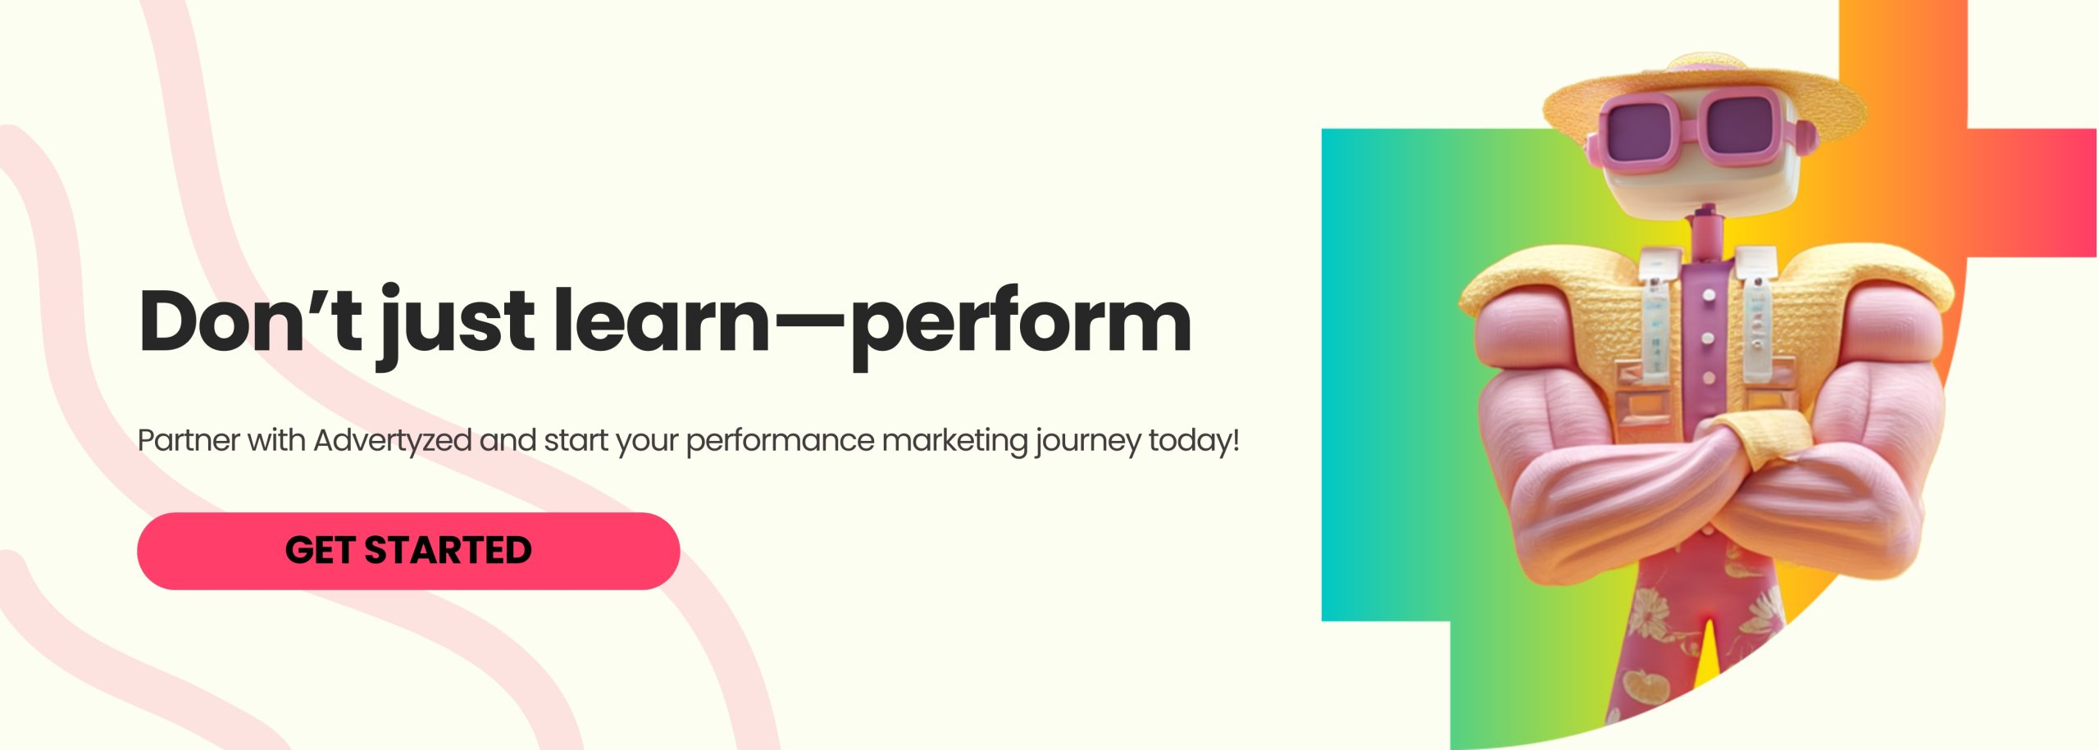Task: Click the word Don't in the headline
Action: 250,321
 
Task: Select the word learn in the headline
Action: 661,321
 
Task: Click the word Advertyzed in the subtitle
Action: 393,441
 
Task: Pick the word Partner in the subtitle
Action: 188,441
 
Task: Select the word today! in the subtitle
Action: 1194,441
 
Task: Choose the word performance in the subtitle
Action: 780,441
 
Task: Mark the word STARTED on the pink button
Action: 448,551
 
